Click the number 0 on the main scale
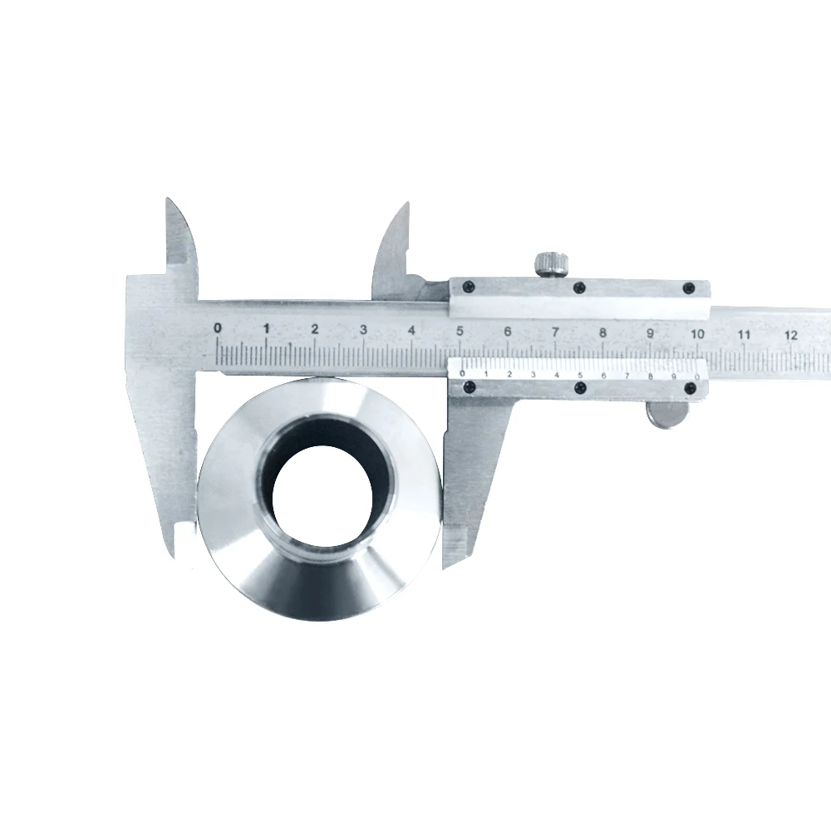[218, 328]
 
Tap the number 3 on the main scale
[363, 330]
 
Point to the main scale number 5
[460, 331]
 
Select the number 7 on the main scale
[555, 332]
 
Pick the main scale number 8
[602, 333]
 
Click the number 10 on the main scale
[697, 334]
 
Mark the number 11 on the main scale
[744, 334]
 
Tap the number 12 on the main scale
[791, 335]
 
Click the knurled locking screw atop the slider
[552, 264]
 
